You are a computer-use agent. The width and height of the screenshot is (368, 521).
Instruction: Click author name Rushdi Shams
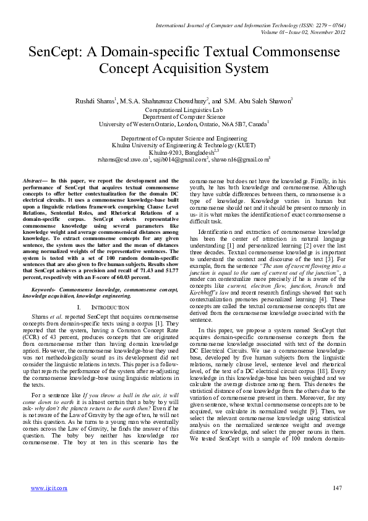(95, 101)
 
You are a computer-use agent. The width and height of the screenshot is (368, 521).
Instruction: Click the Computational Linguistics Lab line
(184, 110)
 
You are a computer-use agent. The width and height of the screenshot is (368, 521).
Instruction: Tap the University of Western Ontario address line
(184, 124)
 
